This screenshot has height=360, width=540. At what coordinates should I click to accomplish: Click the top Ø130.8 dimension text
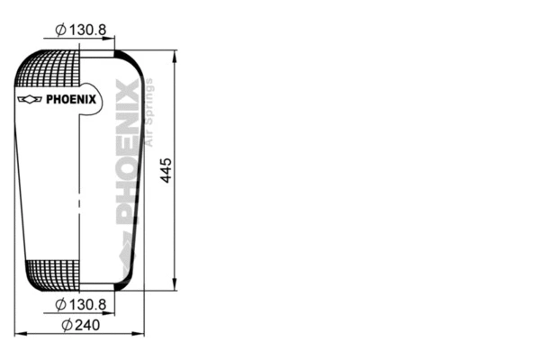81,30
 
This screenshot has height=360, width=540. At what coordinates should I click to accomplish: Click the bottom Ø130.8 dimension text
81,304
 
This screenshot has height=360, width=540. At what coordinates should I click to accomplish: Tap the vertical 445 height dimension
166,171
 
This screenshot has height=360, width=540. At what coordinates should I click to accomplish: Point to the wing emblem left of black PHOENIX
31,99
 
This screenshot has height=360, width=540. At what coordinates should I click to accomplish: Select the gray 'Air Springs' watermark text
149,112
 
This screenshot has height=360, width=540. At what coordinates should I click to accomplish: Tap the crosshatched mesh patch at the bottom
52,274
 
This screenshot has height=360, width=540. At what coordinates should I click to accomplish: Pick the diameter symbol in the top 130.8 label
59,30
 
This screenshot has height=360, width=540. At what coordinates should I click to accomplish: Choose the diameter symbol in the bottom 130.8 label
59,304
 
